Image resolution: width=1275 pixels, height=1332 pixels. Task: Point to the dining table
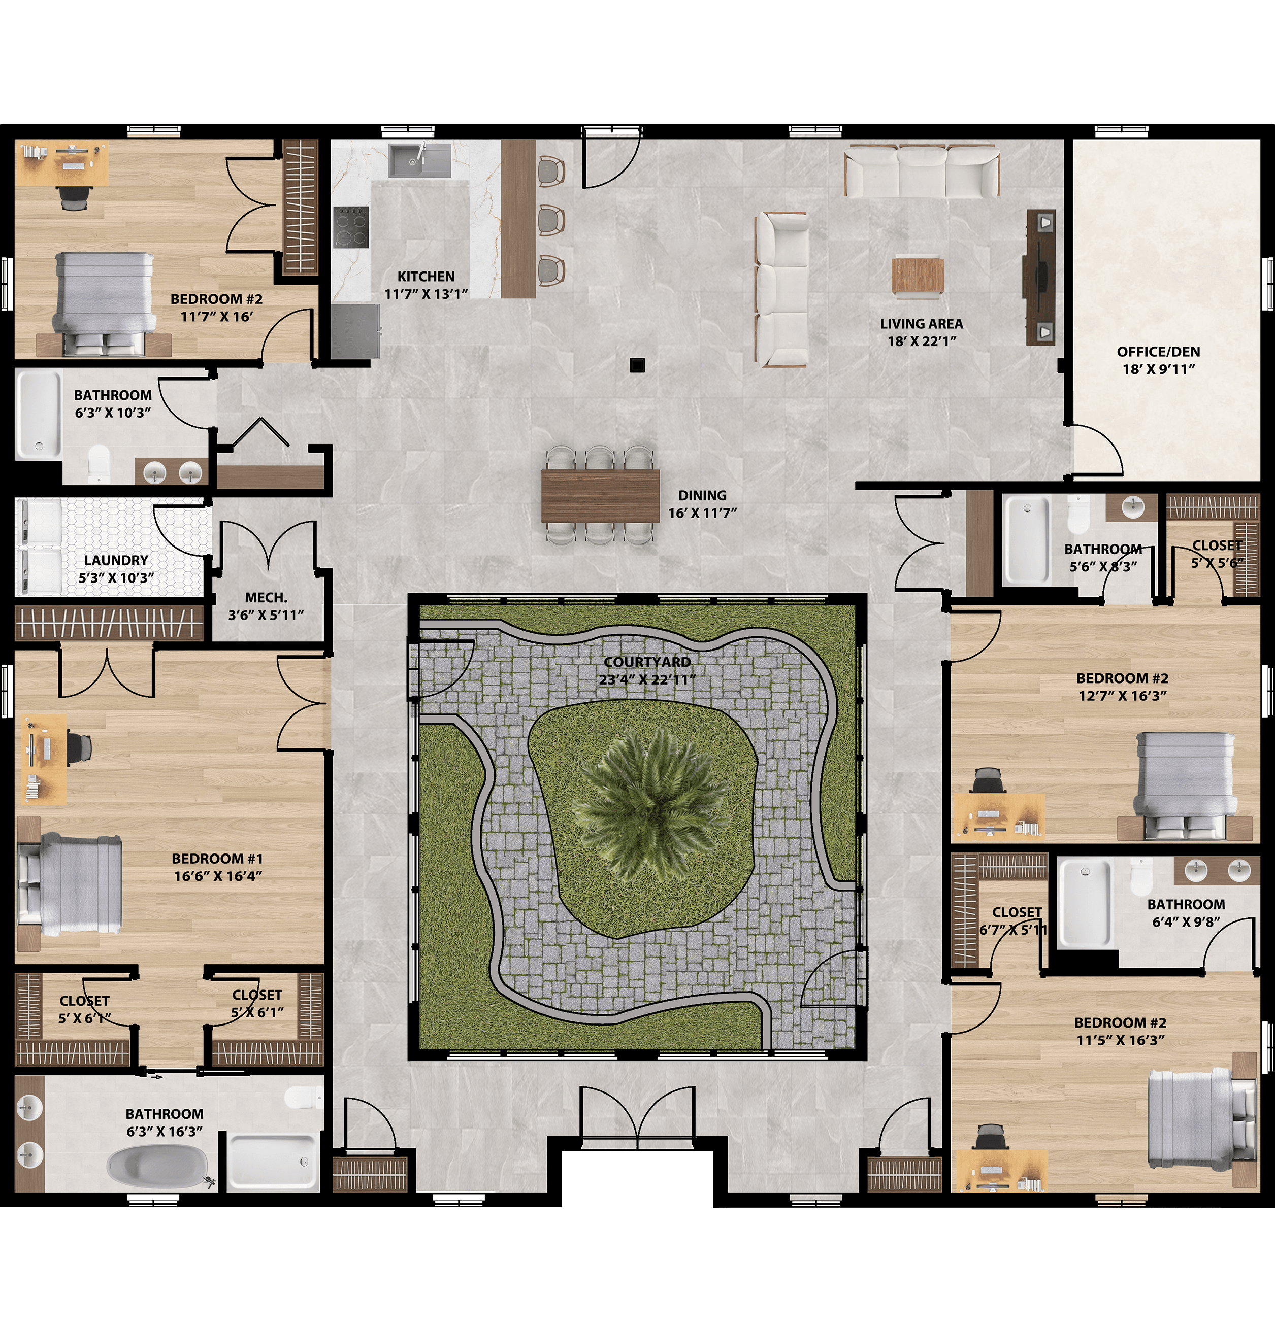pos(600,495)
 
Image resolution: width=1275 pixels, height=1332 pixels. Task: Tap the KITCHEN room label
pos(426,277)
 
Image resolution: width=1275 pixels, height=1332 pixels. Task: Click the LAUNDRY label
pos(116,560)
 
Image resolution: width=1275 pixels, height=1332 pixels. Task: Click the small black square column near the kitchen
pos(636,365)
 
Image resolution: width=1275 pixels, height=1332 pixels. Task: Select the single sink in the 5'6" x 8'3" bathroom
pos(1132,505)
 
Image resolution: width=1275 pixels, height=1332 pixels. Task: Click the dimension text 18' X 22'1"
pos(922,341)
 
